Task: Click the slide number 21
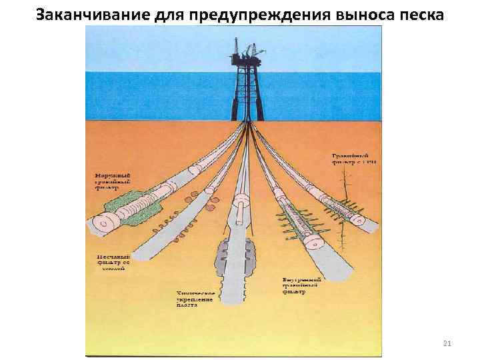tap(447, 343)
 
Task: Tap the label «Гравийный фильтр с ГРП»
tap(353, 158)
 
